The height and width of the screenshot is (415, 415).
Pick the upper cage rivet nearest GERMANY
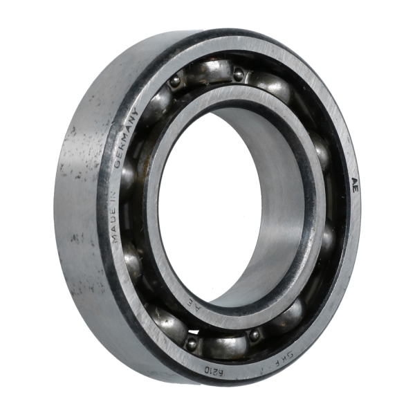175,82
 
